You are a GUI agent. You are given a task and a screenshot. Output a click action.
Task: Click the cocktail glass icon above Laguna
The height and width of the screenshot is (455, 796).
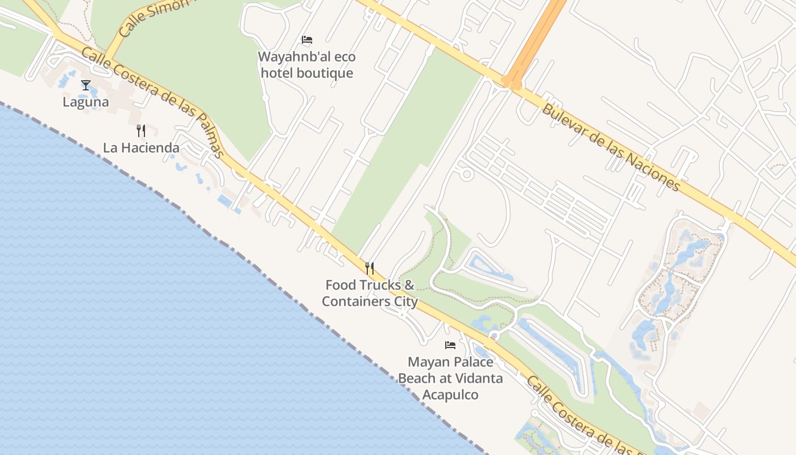tap(86, 85)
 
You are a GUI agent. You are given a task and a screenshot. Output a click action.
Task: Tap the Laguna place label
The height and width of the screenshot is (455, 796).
tap(86, 102)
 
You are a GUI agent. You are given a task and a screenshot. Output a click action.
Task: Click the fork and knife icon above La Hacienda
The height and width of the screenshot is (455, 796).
tap(141, 131)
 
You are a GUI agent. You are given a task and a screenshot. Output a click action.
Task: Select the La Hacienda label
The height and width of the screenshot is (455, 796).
tap(141, 148)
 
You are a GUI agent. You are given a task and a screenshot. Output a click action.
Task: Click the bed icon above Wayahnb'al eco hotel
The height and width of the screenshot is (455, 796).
tap(307, 40)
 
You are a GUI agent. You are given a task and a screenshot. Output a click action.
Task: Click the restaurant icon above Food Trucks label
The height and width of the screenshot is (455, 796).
tap(370, 268)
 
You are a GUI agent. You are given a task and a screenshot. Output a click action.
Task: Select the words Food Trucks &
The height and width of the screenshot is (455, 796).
tap(370, 285)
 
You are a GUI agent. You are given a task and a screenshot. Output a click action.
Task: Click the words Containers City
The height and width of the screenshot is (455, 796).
tap(370, 301)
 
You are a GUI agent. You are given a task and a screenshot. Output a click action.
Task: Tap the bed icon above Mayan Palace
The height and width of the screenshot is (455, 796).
tap(450, 345)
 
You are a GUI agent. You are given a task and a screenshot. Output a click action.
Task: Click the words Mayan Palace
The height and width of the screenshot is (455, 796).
tap(450, 362)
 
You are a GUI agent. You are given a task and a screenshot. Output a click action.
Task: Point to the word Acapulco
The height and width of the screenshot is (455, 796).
tap(450, 395)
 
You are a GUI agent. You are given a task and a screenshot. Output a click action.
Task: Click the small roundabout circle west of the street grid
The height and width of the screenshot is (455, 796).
tap(467, 174)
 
